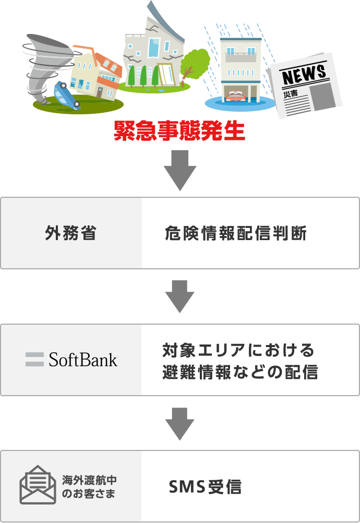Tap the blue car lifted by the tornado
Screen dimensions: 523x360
(x=67, y=95)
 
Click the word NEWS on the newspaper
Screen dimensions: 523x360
(x=304, y=75)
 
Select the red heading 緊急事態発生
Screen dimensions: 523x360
(x=179, y=131)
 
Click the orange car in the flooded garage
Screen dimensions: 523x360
(x=236, y=96)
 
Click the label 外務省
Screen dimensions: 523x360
(x=71, y=233)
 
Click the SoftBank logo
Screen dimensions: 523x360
(x=71, y=359)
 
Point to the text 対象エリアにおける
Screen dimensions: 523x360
(x=238, y=349)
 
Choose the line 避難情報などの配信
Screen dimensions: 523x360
(x=240, y=372)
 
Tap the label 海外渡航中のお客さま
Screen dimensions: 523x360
(x=88, y=486)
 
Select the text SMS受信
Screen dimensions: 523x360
(x=205, y=486)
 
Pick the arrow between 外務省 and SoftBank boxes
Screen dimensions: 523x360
(x=179, y=298)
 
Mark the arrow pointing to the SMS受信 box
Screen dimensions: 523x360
(x=179, y=424)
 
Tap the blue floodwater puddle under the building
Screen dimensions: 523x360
(x=240, y=104)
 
